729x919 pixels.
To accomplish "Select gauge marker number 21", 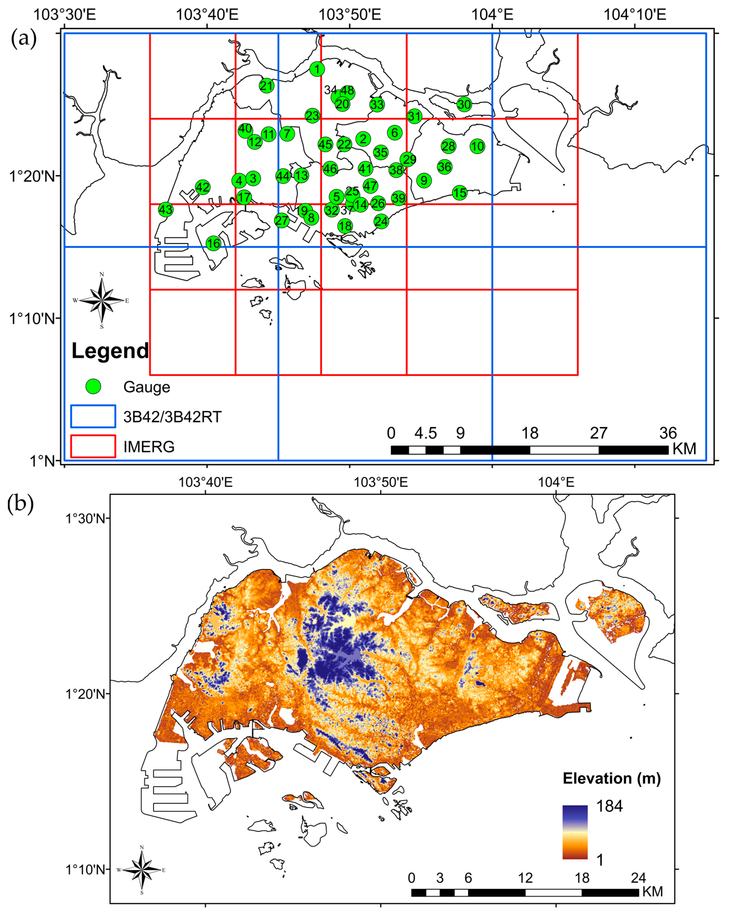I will (x=266, y=86).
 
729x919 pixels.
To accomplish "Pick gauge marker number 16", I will (x=214, y=243).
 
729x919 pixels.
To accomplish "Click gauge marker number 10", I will (x=478, y=146).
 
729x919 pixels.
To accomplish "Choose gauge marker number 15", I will (x=460, y=193).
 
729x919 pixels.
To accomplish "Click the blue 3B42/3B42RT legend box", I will (x=93, y=416).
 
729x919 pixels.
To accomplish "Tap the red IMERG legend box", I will (x=93, y=446).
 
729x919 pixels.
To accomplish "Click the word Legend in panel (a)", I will (x=110, y=351).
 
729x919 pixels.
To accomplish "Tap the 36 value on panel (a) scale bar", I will (x=668, y=433).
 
